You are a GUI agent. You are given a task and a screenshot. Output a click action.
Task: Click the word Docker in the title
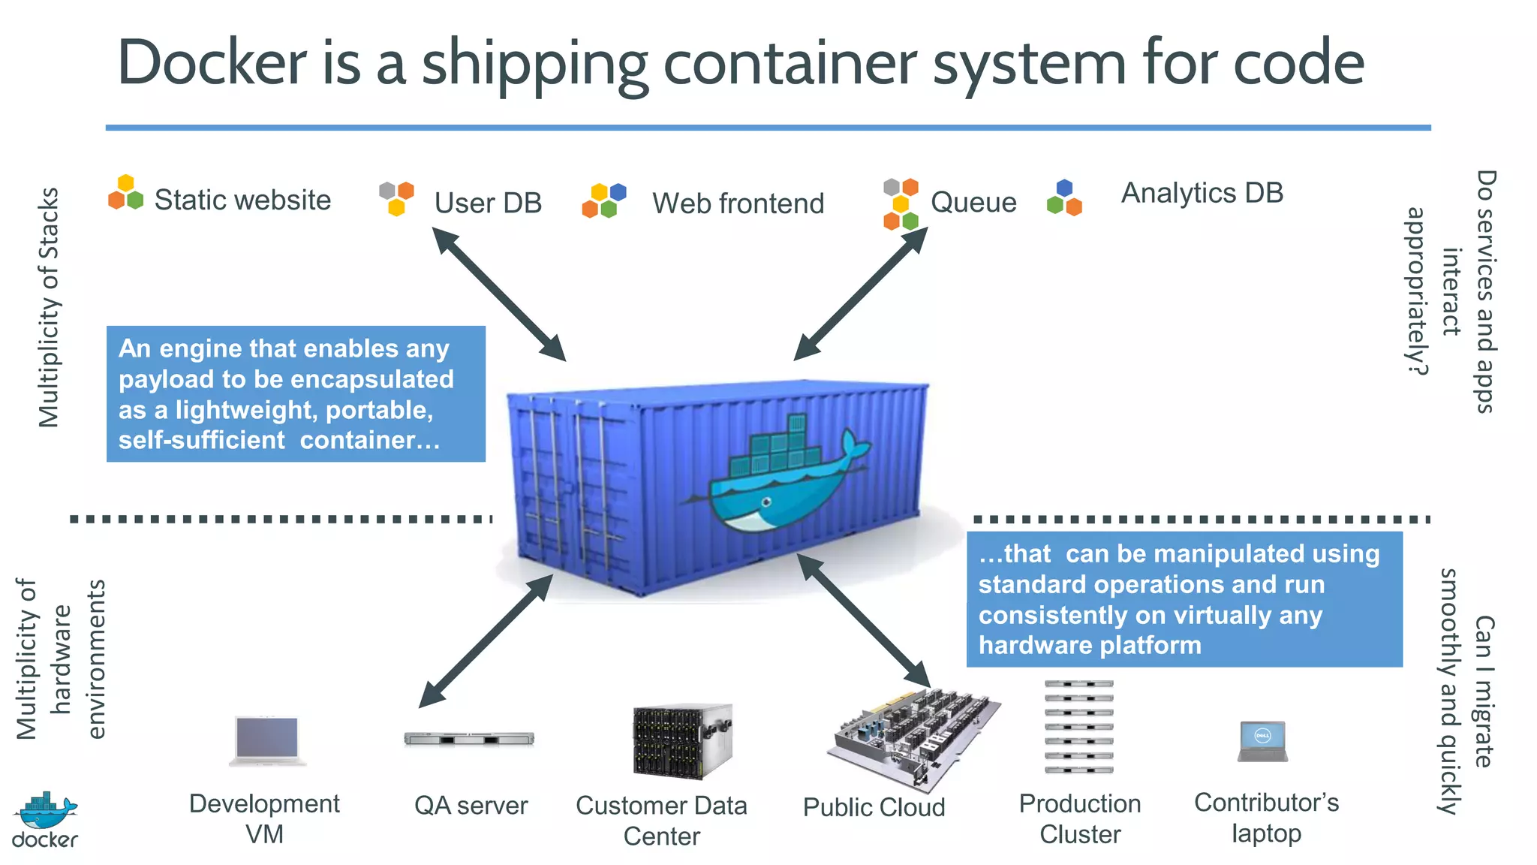click(x=212, y=63)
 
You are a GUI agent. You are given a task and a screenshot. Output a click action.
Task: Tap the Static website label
click(x=242, y=200)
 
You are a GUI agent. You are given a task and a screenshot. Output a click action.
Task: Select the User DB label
click(x=488, y=203)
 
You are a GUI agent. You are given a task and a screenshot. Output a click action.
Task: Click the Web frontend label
click(x=738, y=203)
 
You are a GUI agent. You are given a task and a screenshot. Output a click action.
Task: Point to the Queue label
click(x=973, y=203)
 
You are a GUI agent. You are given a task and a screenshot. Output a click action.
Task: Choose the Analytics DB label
click(x=1202, y=193)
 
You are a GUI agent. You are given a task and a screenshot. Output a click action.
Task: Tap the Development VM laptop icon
click(x=267, y=740)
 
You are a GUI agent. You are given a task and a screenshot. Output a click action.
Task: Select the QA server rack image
click(x=469, y=739)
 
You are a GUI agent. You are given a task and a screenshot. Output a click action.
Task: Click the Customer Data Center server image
click(x=681, y=741)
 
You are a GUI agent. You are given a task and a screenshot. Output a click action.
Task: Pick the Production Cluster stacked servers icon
click(x=1078, y=726)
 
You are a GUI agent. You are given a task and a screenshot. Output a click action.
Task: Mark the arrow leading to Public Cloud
click(x=863, y=620)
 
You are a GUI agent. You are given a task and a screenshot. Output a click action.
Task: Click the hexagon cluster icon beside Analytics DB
click(x=1064, y=198)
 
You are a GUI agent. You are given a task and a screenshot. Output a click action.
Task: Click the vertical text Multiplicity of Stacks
click(x=49, y=307)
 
